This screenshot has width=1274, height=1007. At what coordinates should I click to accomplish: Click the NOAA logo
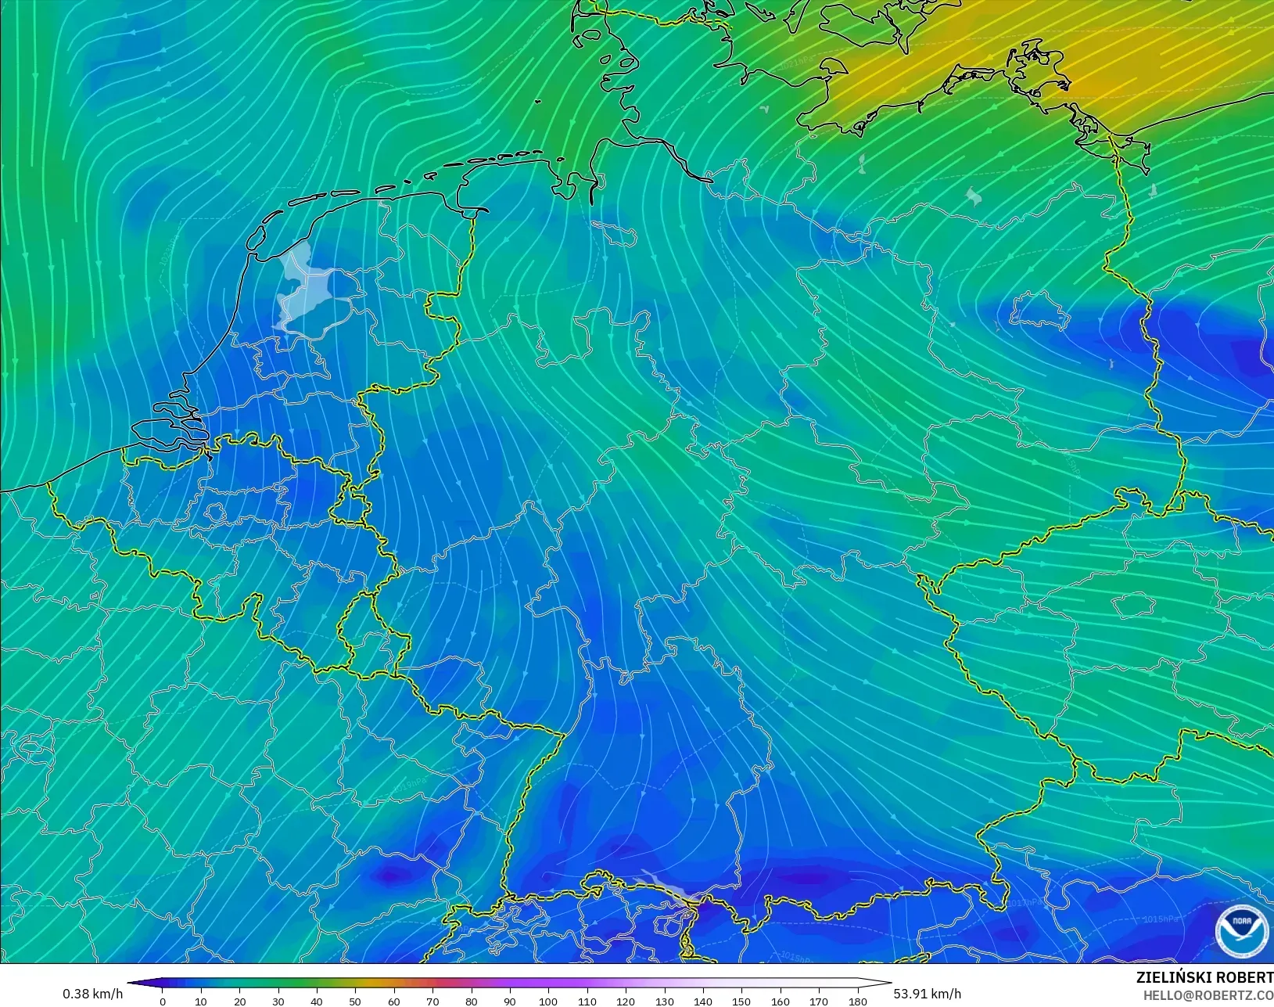1241,931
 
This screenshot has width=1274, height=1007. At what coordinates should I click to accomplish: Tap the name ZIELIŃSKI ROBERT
1204,977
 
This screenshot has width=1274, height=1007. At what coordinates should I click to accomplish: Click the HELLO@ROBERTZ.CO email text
1208,995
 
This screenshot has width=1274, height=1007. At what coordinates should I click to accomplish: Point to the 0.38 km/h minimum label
92,994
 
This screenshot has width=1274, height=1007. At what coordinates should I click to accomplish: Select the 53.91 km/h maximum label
927,994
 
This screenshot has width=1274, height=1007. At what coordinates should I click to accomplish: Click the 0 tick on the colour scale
163,1001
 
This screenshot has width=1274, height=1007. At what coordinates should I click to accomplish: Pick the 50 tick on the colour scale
355,1001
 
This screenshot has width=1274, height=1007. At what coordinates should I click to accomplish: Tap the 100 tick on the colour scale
548,1001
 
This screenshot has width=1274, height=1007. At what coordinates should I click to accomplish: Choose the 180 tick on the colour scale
857,1001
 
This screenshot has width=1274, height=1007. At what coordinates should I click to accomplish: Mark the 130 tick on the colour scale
664,1001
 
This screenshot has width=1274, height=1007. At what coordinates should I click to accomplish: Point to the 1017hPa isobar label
1025,903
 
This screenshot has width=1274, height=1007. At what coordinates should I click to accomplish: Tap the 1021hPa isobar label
797,63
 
